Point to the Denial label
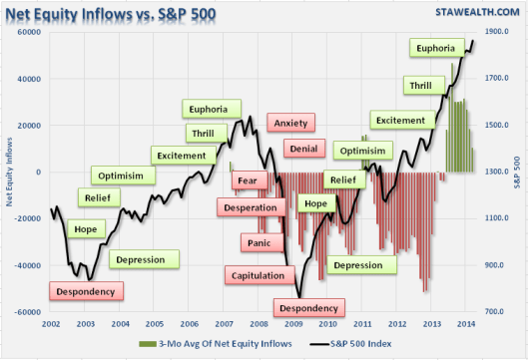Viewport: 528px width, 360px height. (299, 149)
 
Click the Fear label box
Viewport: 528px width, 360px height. (248, 180)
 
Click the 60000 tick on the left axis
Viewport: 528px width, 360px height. (31, 32)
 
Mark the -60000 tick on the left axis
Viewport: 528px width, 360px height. (29, 312)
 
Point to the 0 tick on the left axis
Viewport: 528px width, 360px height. (38, 172)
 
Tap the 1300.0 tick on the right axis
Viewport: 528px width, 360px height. (502, 172)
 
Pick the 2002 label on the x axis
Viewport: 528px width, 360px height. (52, 324)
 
